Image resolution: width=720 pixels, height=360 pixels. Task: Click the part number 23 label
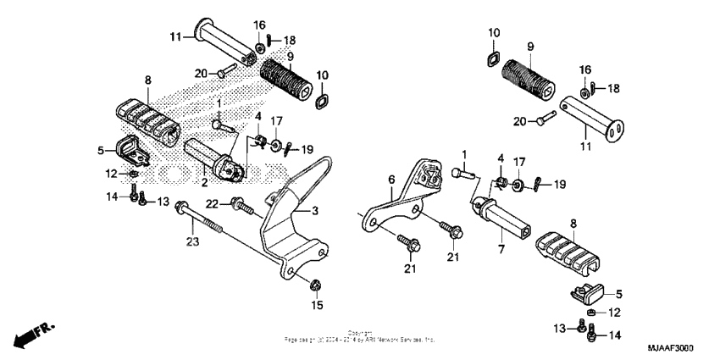tap(192, 241)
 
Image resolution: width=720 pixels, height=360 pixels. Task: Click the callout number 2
tap(204, 181)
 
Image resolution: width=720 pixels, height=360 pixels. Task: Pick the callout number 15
tap(318, 304)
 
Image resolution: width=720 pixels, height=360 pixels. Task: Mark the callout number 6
tap(391, 180)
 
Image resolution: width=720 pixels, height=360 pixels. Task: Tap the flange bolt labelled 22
tap(241, 203)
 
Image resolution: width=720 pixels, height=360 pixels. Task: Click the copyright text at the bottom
tap(359, 336)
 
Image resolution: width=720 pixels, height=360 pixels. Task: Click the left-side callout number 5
tap(101, 150)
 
